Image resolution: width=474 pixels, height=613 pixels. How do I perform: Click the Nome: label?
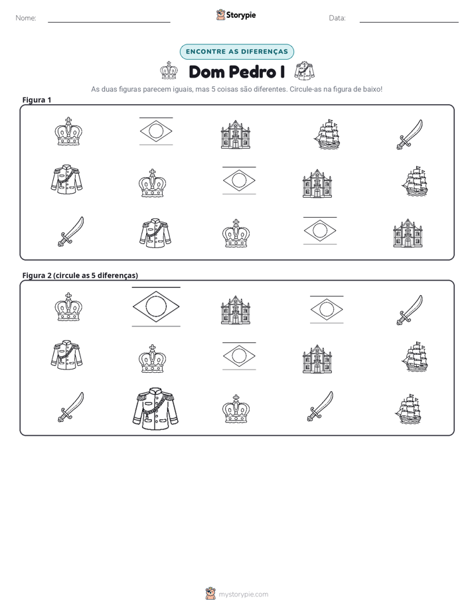[26, 18]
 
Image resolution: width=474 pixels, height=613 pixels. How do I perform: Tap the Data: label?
[337, 18]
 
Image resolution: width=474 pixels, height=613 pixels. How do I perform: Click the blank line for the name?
[109, 23]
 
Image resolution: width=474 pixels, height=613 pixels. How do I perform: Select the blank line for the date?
[409, 23]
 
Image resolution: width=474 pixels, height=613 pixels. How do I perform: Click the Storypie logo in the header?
[236, 15]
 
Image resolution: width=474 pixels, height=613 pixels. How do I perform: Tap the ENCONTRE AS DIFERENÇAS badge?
[236, 52]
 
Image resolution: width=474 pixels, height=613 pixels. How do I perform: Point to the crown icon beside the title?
[169, 70]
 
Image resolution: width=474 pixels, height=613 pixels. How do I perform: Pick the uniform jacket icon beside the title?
[304, 70]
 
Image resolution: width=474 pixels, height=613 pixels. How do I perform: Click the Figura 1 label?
[37, 100]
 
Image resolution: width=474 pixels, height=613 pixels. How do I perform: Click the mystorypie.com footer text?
[243, 594]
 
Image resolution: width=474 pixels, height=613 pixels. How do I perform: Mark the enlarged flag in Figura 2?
[156, 306]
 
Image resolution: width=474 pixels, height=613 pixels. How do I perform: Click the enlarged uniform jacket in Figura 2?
[155, 409]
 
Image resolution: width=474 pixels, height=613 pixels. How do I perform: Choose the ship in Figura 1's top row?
[327, 135]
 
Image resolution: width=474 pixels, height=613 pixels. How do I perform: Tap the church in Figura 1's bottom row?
[408, 233]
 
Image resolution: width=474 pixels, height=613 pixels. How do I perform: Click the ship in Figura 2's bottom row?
[408, 409]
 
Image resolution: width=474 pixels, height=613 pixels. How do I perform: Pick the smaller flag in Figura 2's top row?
[327, 310]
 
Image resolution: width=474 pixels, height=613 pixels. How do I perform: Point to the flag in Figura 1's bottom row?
[320, 231]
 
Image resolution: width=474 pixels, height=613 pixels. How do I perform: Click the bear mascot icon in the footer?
[210, 594]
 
